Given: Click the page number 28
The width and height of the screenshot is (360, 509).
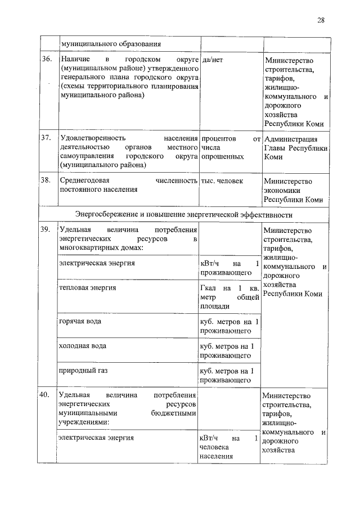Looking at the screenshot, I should tap(321, 20).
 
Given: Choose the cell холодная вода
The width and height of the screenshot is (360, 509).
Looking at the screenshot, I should tap(83, 345).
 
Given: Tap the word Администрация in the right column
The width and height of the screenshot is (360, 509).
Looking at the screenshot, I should tap(290, 139).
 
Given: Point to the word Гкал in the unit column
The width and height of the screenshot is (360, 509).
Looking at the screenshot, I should tap(209, 288).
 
